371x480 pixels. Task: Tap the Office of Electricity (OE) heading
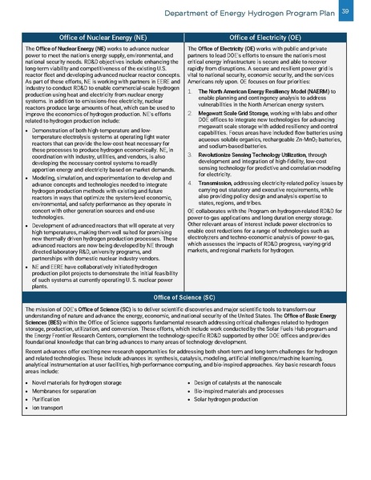pyautogui.click(x=269, y=38)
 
